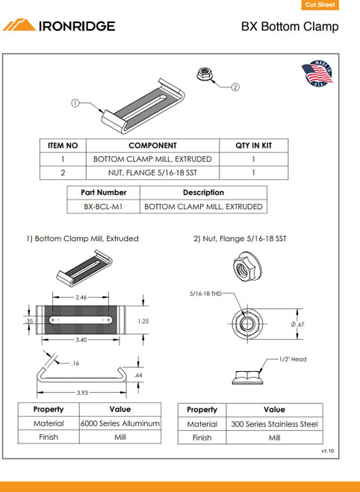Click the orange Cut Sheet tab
tap(320, 4)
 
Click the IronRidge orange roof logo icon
tap(19, 25)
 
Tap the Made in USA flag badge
tap(317, 73)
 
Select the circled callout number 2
tap(235, 87)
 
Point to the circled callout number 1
tap(75, 103)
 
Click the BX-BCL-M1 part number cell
tap(103, 207)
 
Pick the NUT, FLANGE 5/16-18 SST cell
tap(152, 172)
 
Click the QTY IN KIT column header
tap(254, 146)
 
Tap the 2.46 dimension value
tap(81, 297)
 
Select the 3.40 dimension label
tap(81, 340)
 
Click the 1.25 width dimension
tap(143, 321)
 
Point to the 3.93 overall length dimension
tap(82, 393)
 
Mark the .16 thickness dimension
tap(75, 364)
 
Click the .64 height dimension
tap(138, 375)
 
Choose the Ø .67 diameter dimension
tap(297, 324)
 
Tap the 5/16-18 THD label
tap(205, 293)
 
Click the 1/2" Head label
tap(293, 359)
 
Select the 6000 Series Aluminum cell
tap(120, 423)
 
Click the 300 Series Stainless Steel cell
tap(274, 424)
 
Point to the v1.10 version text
tap(328, 451)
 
